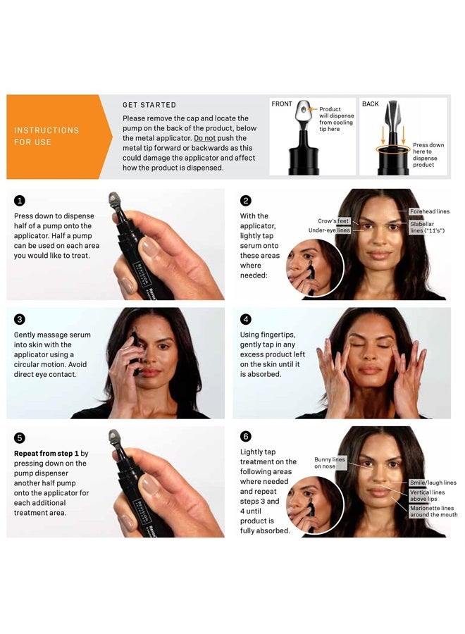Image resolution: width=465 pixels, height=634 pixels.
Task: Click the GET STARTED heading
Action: pos(149,105)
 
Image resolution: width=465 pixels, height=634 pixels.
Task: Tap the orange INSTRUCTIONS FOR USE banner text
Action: pos(46,136)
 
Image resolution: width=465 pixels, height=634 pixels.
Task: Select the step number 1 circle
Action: pos(20,200)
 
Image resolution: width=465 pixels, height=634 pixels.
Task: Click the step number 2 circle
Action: pos(246,200)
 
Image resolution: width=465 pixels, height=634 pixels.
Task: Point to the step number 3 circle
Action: pos(20,318)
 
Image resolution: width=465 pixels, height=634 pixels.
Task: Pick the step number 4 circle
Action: pos(246,318)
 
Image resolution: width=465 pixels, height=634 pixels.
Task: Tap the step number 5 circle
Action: pos(20,437)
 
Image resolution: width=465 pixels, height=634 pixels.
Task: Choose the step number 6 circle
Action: pos(246,437)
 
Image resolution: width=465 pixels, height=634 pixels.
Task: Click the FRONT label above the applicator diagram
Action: pos(282,104)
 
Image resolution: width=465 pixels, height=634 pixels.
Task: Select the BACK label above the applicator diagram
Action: pos(371,104)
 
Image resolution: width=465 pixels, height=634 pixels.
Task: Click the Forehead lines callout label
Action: pos(429,211)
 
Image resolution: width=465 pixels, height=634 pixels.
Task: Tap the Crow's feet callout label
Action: pos(334,221)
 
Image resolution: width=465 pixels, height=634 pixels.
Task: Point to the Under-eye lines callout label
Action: pos(329,230)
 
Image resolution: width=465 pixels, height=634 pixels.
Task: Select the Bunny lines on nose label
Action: pos(330,463)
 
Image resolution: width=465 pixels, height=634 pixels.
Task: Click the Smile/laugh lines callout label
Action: pos(433,483)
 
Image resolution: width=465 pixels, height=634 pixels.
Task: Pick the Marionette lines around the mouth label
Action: pos(433,511)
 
